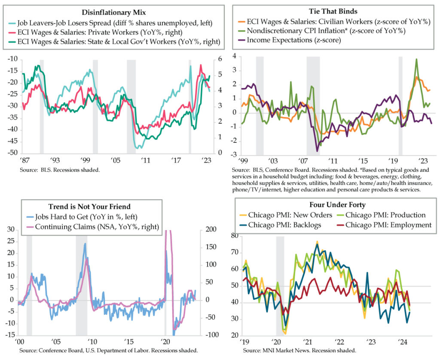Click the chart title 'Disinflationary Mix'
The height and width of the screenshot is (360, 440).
[116, 12]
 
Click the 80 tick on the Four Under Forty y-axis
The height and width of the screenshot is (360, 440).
[235, 236]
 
